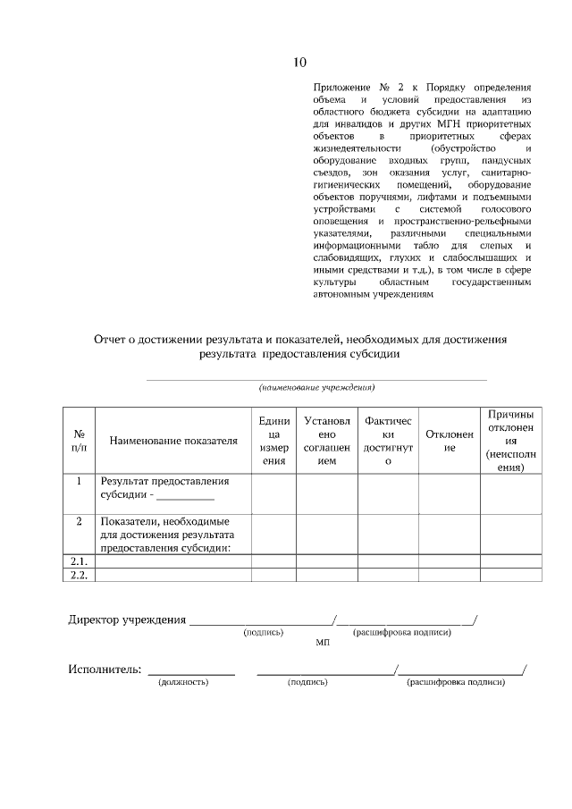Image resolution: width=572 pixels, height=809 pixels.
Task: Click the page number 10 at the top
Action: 299,62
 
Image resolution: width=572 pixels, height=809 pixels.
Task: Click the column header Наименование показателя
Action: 173,441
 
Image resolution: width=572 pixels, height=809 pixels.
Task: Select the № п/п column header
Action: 79,441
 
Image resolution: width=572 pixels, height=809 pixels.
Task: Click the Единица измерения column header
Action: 273,441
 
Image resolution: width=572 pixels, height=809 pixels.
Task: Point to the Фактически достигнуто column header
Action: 388,441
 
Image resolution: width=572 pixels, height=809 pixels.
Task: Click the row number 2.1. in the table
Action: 79,560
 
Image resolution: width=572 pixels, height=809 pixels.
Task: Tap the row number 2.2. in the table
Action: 79,575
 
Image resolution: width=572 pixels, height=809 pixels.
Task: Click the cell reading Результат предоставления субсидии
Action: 165,488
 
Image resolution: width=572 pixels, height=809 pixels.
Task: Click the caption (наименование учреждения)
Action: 316,388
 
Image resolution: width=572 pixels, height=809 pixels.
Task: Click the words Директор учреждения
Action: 127,619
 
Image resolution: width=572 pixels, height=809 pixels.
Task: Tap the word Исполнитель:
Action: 105,670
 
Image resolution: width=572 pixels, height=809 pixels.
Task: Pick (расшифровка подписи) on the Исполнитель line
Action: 456,682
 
